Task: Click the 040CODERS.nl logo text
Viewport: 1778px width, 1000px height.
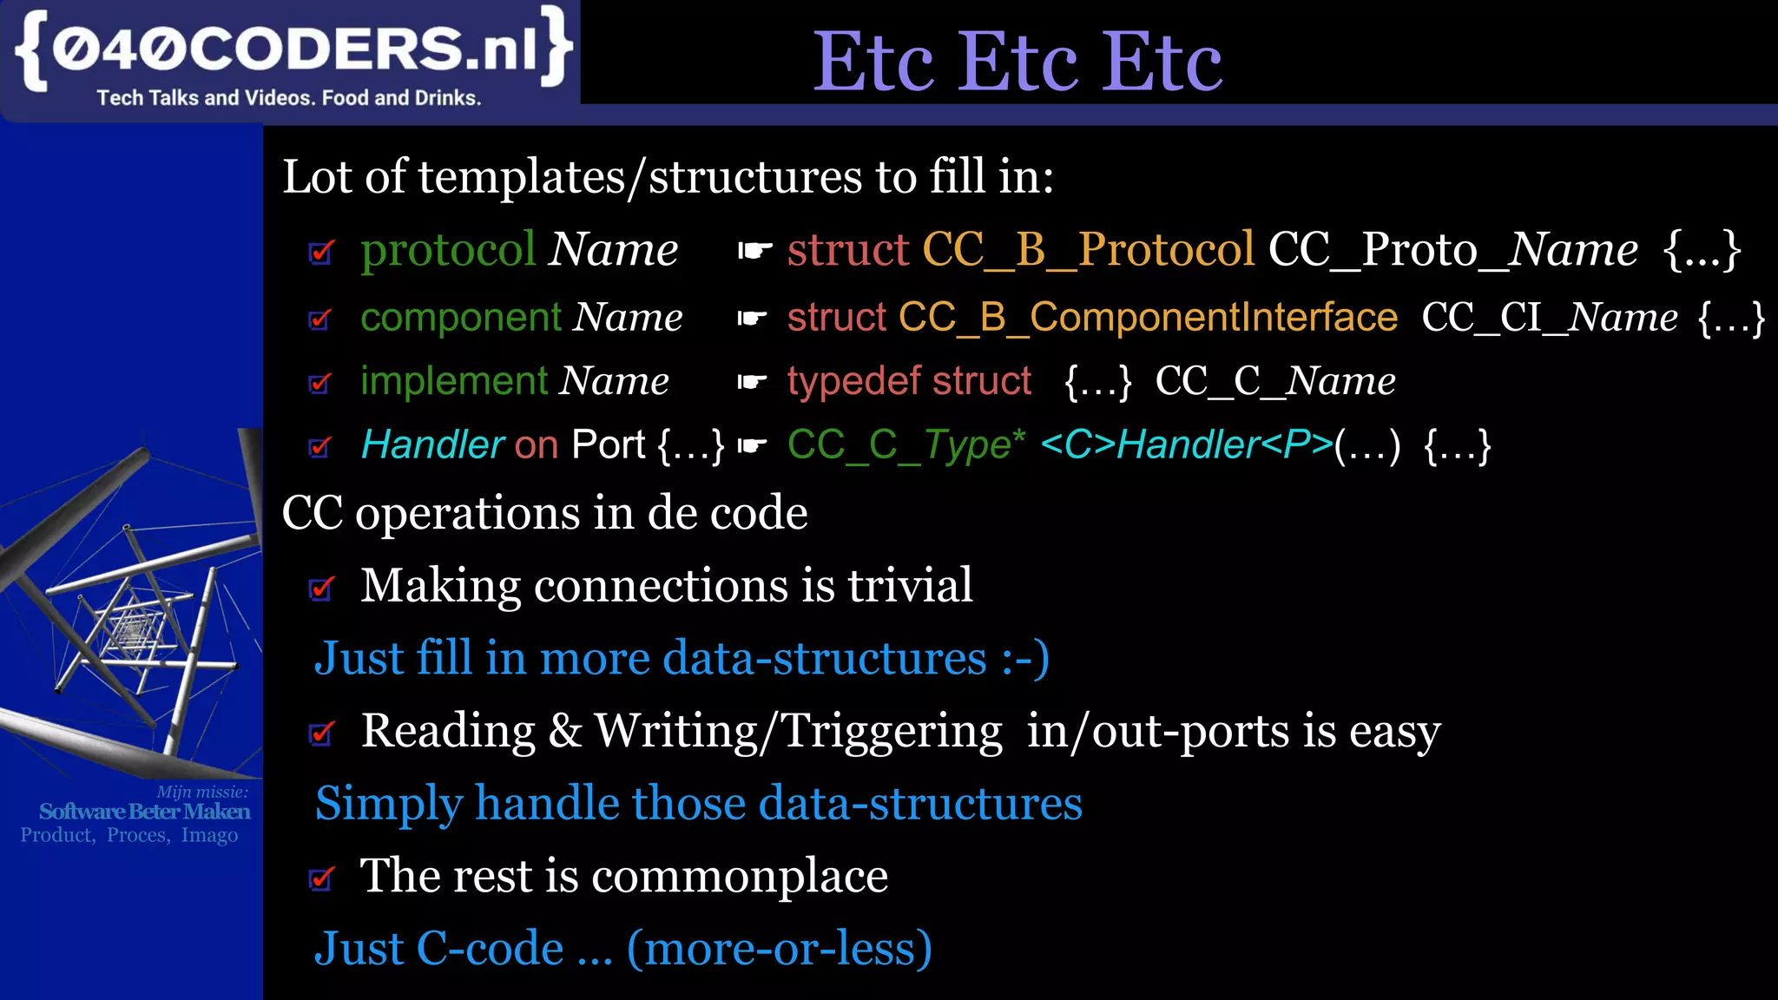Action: coord(293,49)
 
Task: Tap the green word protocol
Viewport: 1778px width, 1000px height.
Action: coord(448,250)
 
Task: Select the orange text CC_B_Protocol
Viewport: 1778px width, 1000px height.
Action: coord(1088,250)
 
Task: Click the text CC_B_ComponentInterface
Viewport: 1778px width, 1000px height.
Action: coord(1148,317)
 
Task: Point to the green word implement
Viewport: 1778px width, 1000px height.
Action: coord(454,381)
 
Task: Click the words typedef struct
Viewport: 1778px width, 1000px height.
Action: coord(909,381)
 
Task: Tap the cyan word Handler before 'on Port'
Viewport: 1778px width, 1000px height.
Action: coord(431,445)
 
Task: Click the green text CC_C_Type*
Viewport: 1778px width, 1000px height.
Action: coord(905,445)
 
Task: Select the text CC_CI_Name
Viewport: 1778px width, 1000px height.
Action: coord(1549,317)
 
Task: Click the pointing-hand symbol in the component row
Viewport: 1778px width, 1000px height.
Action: coord(752,319)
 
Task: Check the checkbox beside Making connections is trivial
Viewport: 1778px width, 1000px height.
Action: coord(321,589)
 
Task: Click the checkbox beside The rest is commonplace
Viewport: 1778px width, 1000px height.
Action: coord(321,879)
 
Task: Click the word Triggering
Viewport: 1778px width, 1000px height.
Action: coord(892,731)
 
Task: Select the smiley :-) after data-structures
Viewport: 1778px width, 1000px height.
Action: coord(1025,658)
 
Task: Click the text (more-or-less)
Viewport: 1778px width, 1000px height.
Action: coord(779,948)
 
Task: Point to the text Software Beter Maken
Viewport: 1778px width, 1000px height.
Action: coord(144,812)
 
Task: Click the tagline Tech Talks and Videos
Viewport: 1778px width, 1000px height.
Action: coord(288,98)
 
